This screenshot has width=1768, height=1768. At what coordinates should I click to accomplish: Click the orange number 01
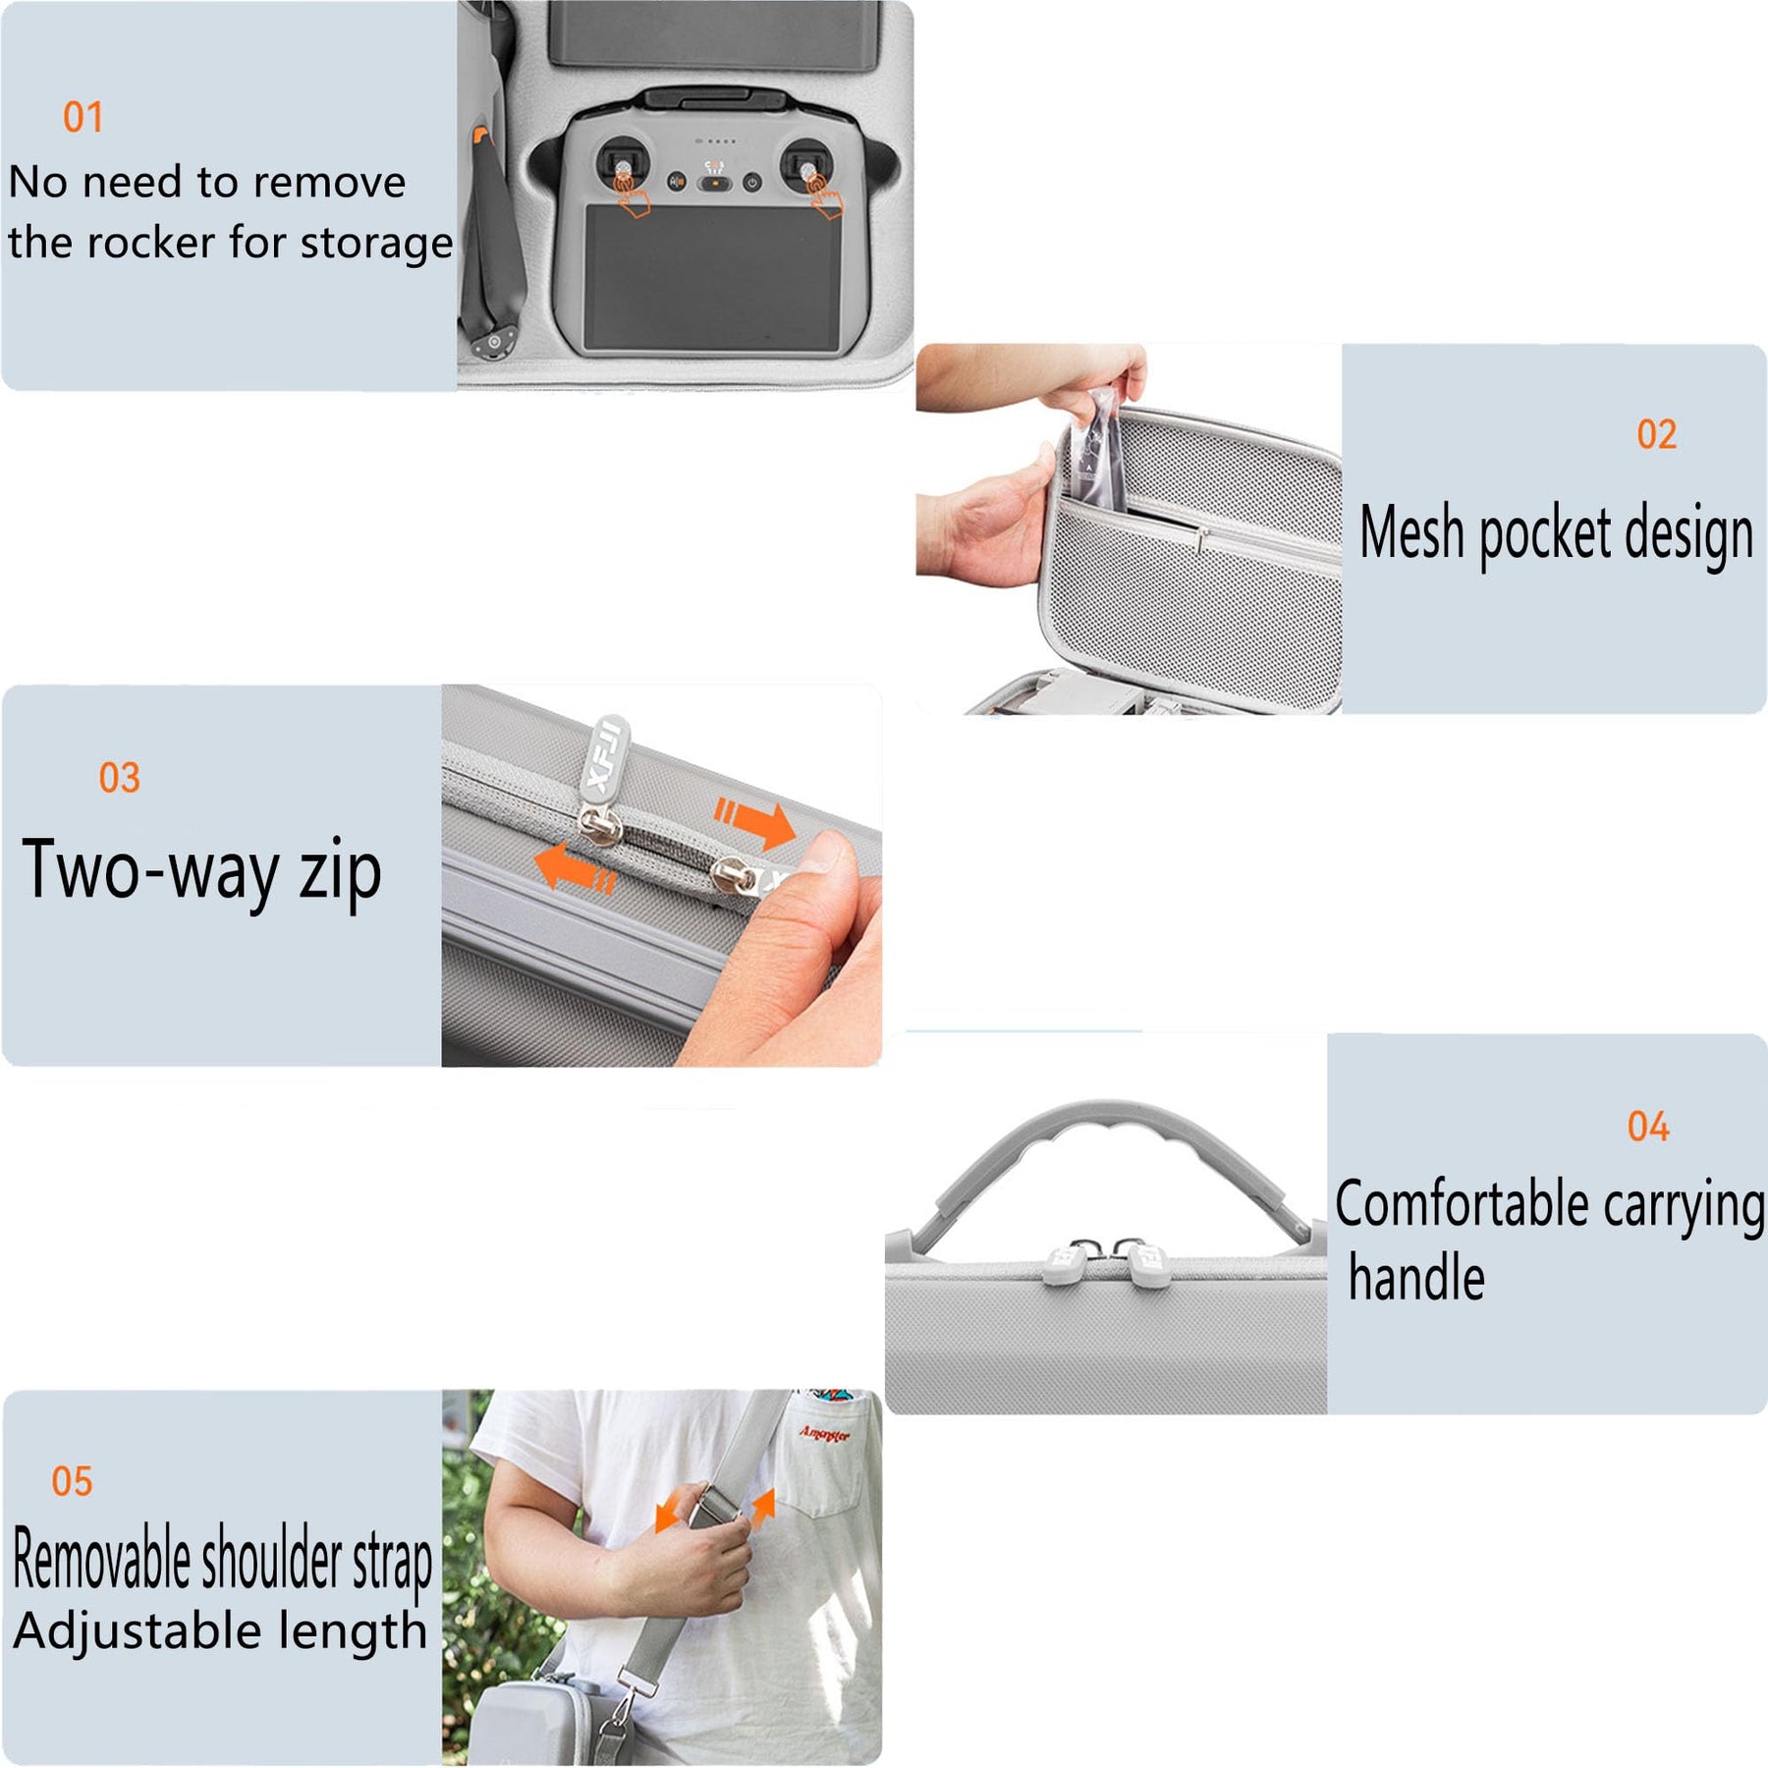click(83, 117)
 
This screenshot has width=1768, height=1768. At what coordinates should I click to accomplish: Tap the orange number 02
click(1656, 434)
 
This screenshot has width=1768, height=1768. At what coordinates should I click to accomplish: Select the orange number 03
click(120, 778)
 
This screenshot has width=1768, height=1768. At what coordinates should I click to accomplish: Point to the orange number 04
click(1648, 1127)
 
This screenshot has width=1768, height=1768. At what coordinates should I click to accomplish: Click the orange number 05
click(72, 1481)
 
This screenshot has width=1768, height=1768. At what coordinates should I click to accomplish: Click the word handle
click(1416, 1277)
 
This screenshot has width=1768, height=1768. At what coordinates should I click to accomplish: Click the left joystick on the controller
click(622, 167)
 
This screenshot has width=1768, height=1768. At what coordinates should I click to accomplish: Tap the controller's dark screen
click(713, 277)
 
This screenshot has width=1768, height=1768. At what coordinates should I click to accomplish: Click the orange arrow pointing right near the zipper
click(755, 823)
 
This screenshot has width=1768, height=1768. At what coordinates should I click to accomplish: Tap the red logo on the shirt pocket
click(824, 1434)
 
